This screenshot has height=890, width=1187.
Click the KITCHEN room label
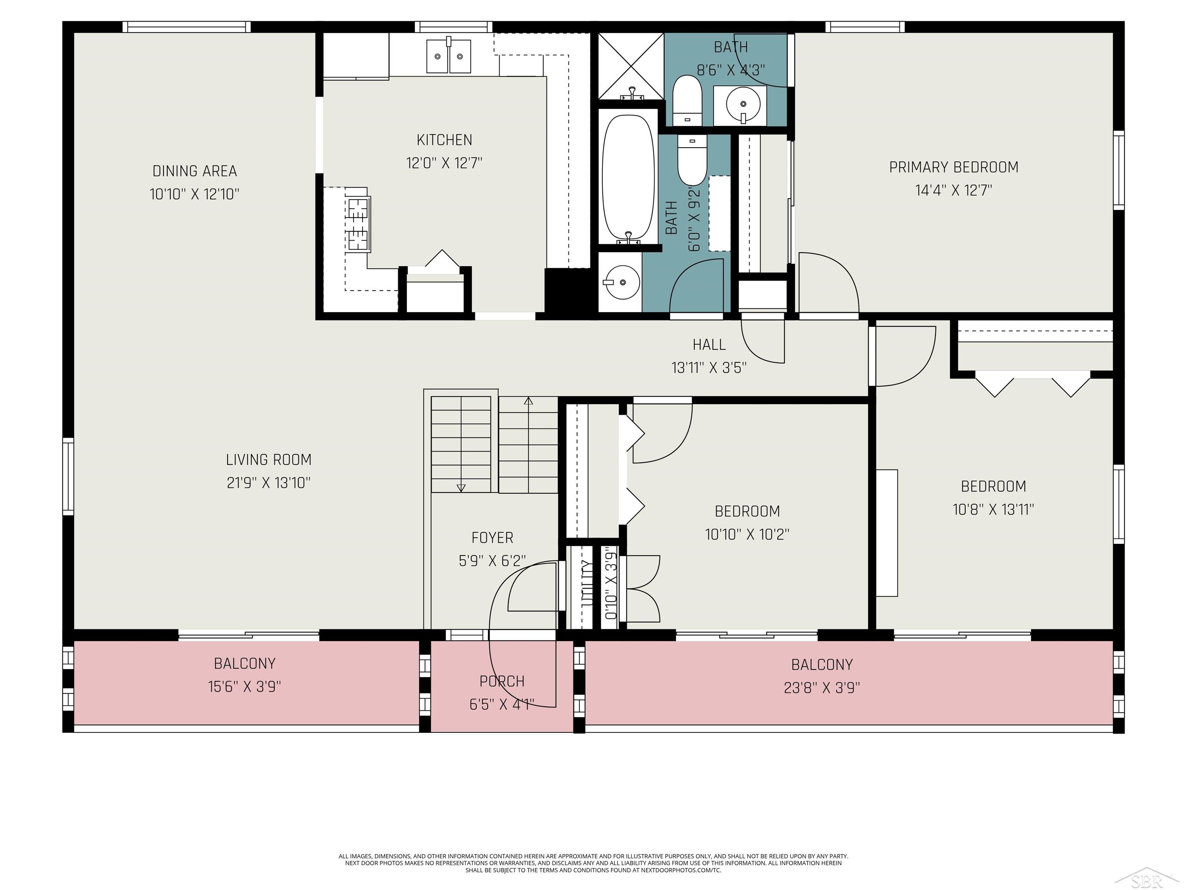(444, 140)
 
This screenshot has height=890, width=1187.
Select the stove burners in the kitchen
(358, 224)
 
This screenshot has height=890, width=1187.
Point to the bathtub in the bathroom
(628, 177)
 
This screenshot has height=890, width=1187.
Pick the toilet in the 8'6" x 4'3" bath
(687, 99)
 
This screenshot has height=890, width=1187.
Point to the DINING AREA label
(194, 171)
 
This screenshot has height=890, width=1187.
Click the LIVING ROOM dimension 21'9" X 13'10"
(268, 483)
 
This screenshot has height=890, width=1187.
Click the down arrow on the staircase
(461, 487)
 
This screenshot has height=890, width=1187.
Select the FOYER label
(492, 538)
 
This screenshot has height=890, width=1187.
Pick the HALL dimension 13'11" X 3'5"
(709, 367)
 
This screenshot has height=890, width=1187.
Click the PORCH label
(502, 681)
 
